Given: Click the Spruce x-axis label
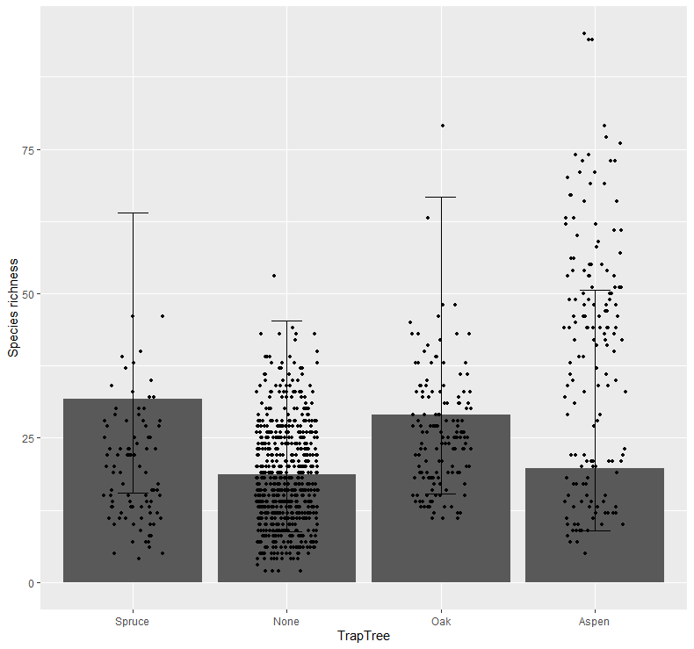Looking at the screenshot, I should (x=133, y=622).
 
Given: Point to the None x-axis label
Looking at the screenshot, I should (x=286, y=622).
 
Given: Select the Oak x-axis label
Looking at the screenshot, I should (x=440, y=622).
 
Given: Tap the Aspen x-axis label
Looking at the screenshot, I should (x=594, y=622).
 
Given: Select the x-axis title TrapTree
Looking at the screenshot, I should (x=363, y=637).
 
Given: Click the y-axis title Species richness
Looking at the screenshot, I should (x=12, y=310).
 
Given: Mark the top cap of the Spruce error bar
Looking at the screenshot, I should (x=133, y=213).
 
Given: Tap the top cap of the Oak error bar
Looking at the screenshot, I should (x=440, y=198).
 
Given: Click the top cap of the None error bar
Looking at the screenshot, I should (x=286, y=321).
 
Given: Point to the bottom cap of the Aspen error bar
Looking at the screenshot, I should (x=594, y=530).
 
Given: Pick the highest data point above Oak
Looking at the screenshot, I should (x=443, y=126).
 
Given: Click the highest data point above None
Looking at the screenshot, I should (x=273, y=276).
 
